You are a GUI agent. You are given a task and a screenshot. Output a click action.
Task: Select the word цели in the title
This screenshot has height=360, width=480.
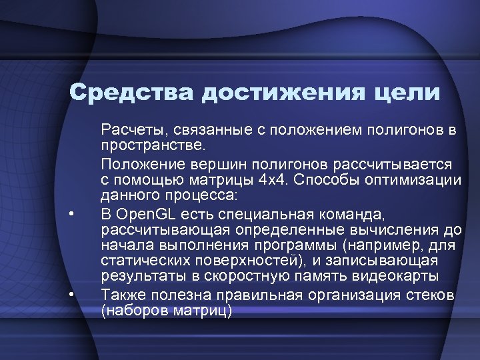pos(406,93)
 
